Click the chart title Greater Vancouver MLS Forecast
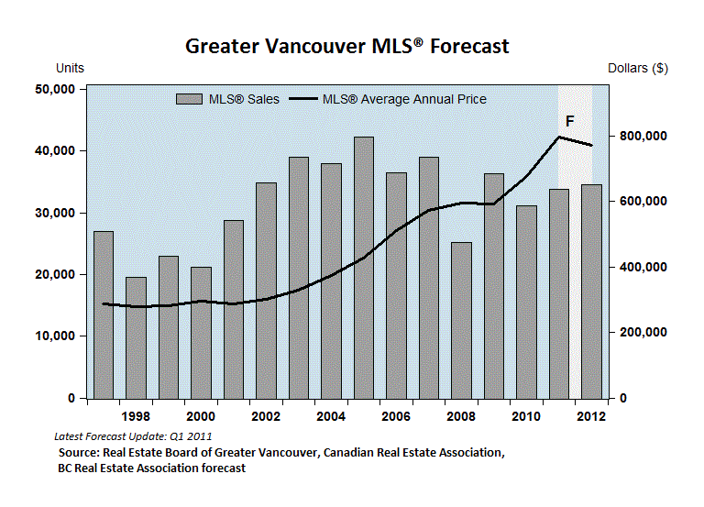pyautogui.click(x=347, y=46)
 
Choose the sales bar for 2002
pyautogui.click(x=266, y=290)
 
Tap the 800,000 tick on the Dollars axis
pyautogui.click(x=641, y=137)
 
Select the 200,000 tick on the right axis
pyautogui.click(x=641, y=333)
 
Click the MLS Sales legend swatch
pyautogui.click(x=188, y=99)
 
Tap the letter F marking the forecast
pyautogui.click(x=569, y=121)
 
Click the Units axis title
pyautogui.click(x=71, y=69)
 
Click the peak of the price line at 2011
pyautogui.click(x=559, y=137)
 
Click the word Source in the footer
pyautogui.click(x=79, y=453)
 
